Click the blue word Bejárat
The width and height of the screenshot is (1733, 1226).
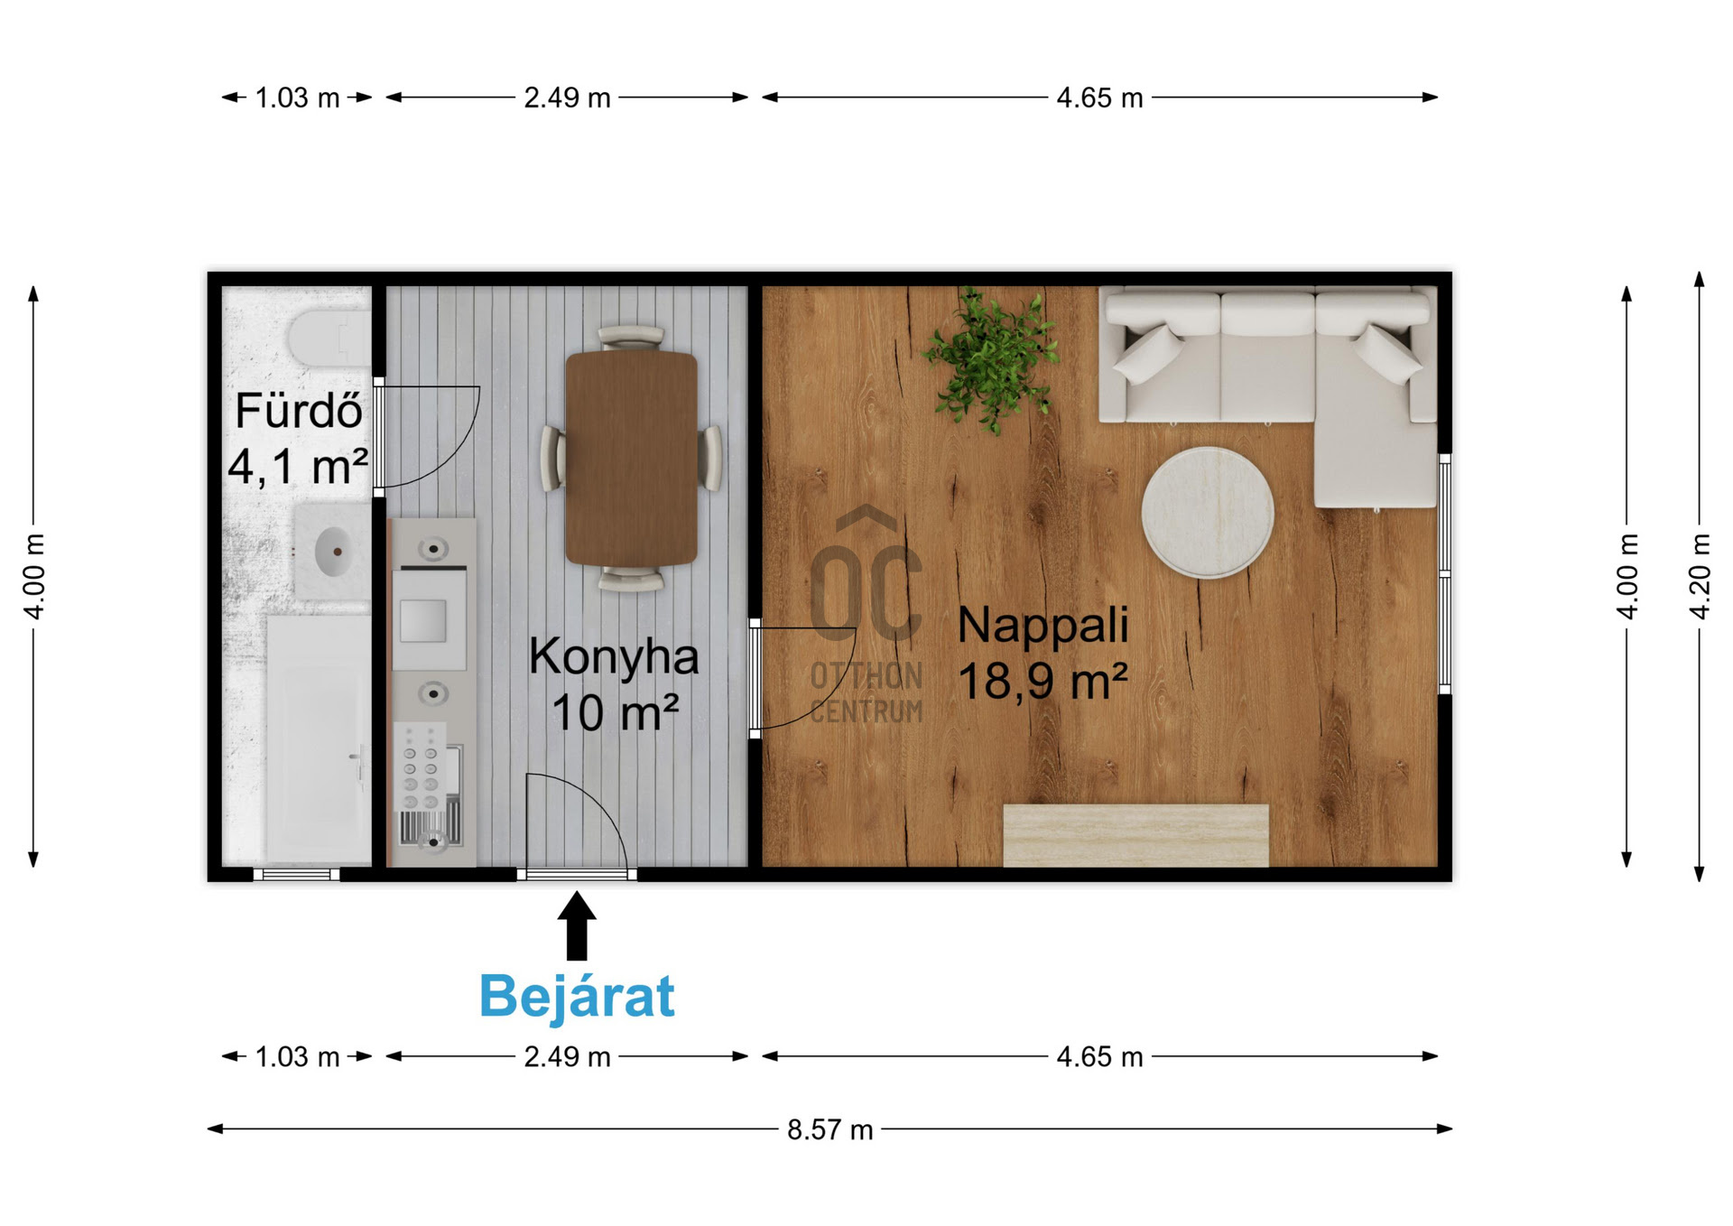pos(577,997)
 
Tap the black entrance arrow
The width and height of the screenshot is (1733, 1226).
pos(577,925)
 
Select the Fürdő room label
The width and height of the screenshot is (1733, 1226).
pos(299,412)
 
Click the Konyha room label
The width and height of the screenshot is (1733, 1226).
pos(614,657)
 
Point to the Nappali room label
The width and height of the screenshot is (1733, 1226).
pos(1043,625)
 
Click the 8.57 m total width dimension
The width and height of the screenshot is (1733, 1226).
pos(829,1129)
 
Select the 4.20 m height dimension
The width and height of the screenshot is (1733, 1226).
pos(1700,576)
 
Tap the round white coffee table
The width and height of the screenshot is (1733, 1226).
pos(1208,512)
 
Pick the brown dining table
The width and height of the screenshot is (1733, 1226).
pos(631,458)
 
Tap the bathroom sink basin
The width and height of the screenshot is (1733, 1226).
pos(333,551)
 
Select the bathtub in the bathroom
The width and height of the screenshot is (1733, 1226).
pos(319,740)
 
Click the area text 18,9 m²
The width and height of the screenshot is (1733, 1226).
pos(1043,681)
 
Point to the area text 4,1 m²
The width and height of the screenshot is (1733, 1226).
pos(298,467)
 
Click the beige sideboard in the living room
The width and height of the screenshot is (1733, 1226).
pos(1135,835)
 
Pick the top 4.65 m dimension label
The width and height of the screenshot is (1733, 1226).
pos(1099,98)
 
